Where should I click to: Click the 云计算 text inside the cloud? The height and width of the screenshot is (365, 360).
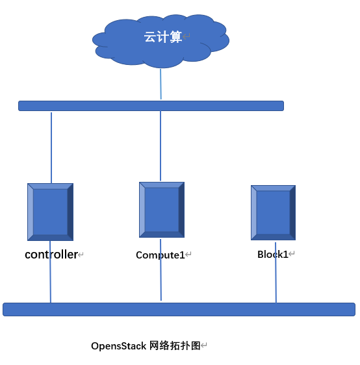[x=163, y=37]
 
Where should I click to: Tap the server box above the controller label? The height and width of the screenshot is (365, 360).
[x=50, y=212]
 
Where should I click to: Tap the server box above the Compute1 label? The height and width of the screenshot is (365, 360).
[x=161, y=210]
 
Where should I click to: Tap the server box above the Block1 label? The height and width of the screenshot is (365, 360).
[x=273, y=212]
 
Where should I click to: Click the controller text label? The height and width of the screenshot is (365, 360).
[x=51, y=255]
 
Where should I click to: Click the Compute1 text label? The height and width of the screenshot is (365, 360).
[x=160, y=255]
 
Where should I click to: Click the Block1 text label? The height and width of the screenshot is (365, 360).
[x=272, y=255]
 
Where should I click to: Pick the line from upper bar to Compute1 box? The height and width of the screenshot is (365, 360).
[x=161, y=146]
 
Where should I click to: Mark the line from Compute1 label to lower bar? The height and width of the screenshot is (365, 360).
[x=161, y=282]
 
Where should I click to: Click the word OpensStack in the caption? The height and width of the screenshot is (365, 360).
[x=119, y=346]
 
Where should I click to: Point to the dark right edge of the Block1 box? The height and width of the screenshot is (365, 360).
[x=292, y=212]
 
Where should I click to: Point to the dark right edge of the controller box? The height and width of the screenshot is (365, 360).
[x=70, y=212]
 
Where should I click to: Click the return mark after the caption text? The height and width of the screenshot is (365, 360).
[x=204, y=346]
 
